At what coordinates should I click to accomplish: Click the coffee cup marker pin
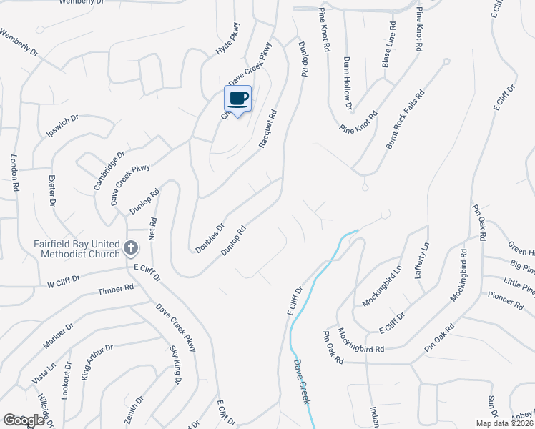[x=238, y=99]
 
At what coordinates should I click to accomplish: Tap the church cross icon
[x=130, y=249]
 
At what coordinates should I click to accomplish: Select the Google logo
[x=24, y=420]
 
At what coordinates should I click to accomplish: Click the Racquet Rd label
[x=267, y=128]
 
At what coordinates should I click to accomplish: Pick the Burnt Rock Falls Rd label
[x=405, y=119]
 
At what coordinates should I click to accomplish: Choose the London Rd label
[x=14, y=173]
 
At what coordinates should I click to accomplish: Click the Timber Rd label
[x=116, y=290]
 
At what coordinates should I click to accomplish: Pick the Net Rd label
[x=152, y=230]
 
